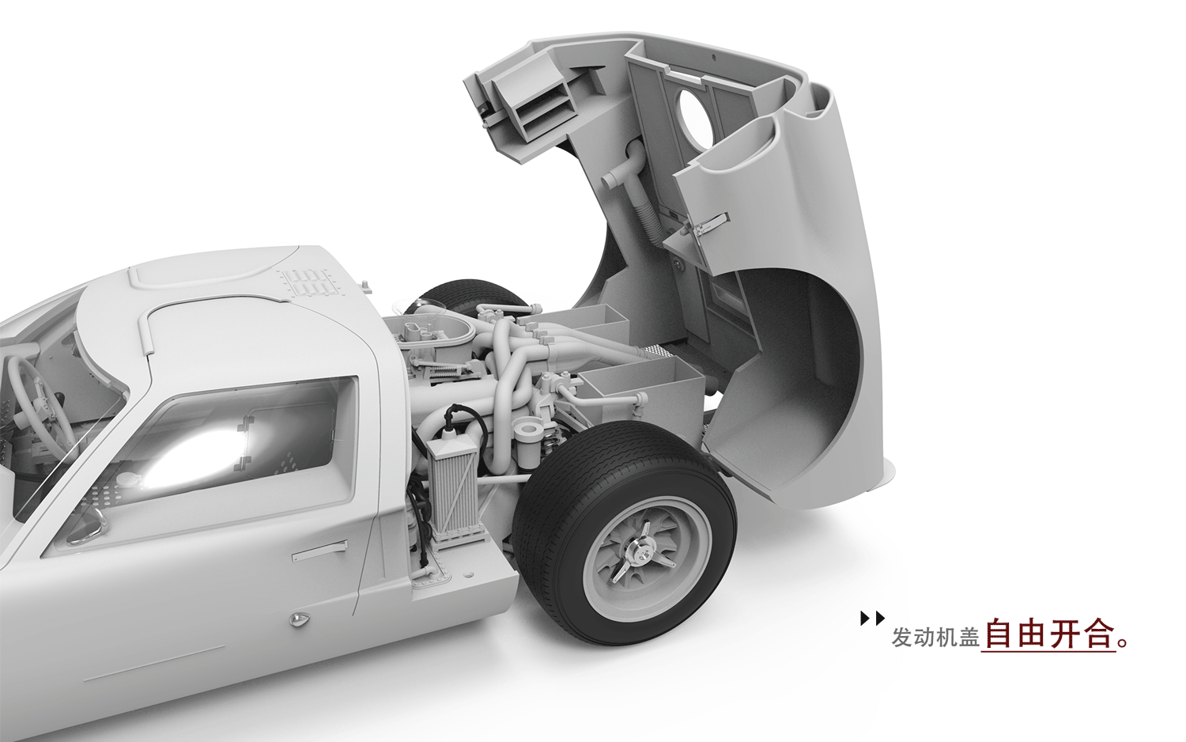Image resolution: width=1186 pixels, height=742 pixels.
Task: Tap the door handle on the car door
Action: [x=319, y=550]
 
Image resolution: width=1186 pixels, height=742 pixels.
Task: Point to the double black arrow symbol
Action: [x=873, y=618]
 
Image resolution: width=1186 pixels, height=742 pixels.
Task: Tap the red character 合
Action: [x=1098, y=632]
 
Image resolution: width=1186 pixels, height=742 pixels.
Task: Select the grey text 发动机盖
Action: [x=935, y=637]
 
